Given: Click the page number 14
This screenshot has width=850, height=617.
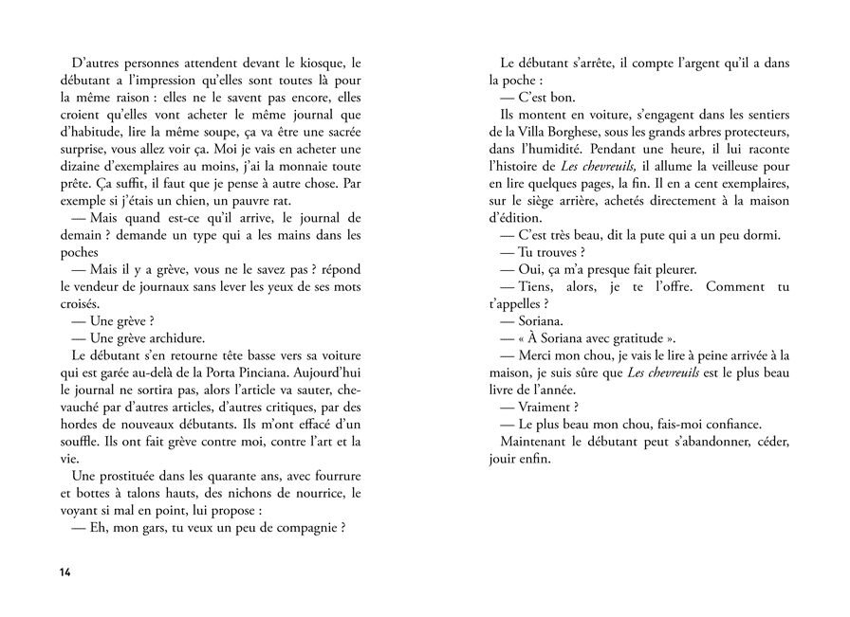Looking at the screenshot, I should pos(65,572).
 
